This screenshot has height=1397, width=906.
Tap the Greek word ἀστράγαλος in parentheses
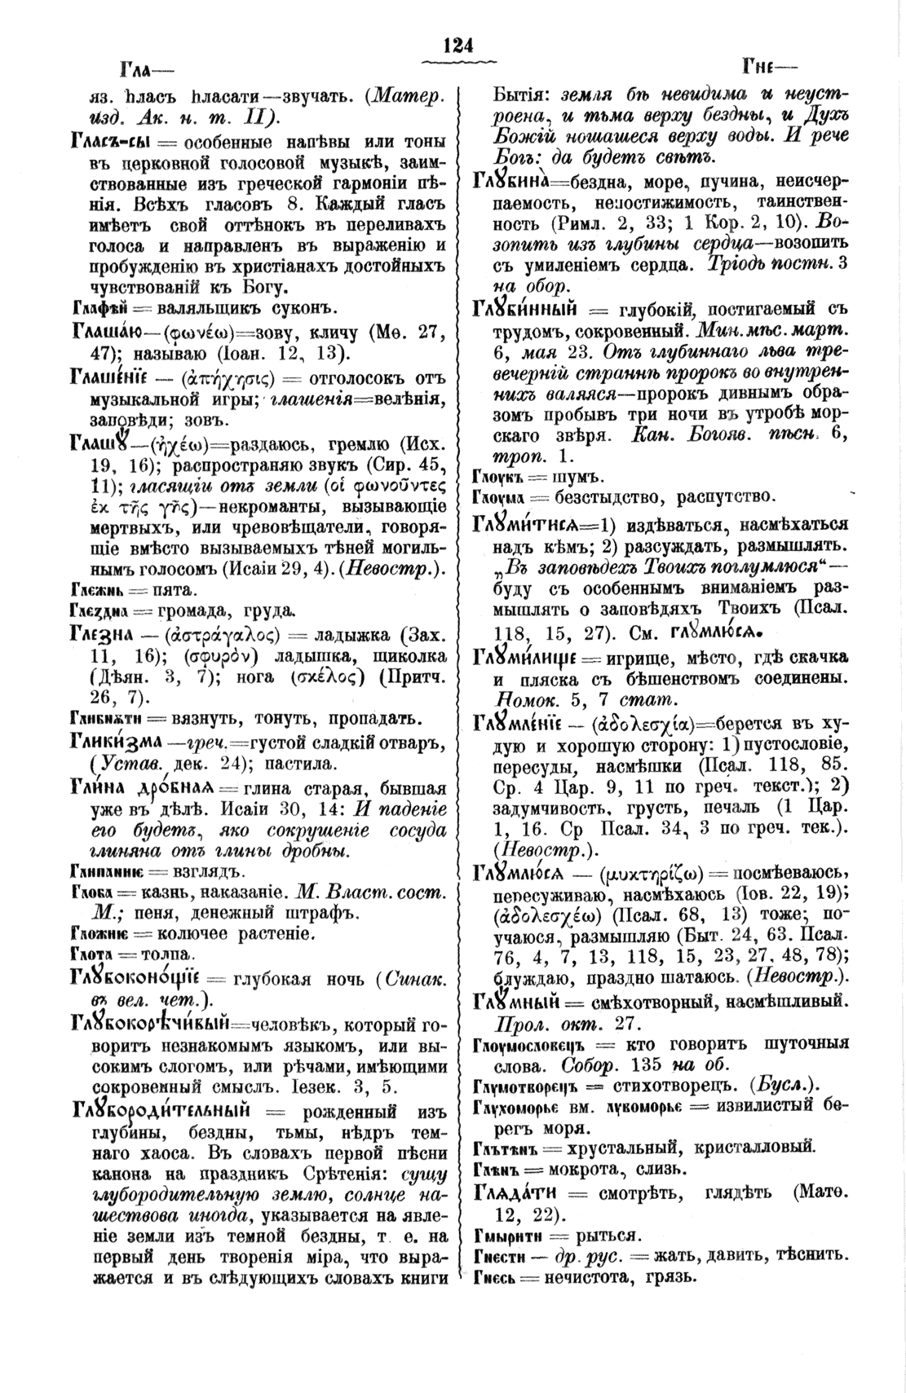point(221,635)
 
